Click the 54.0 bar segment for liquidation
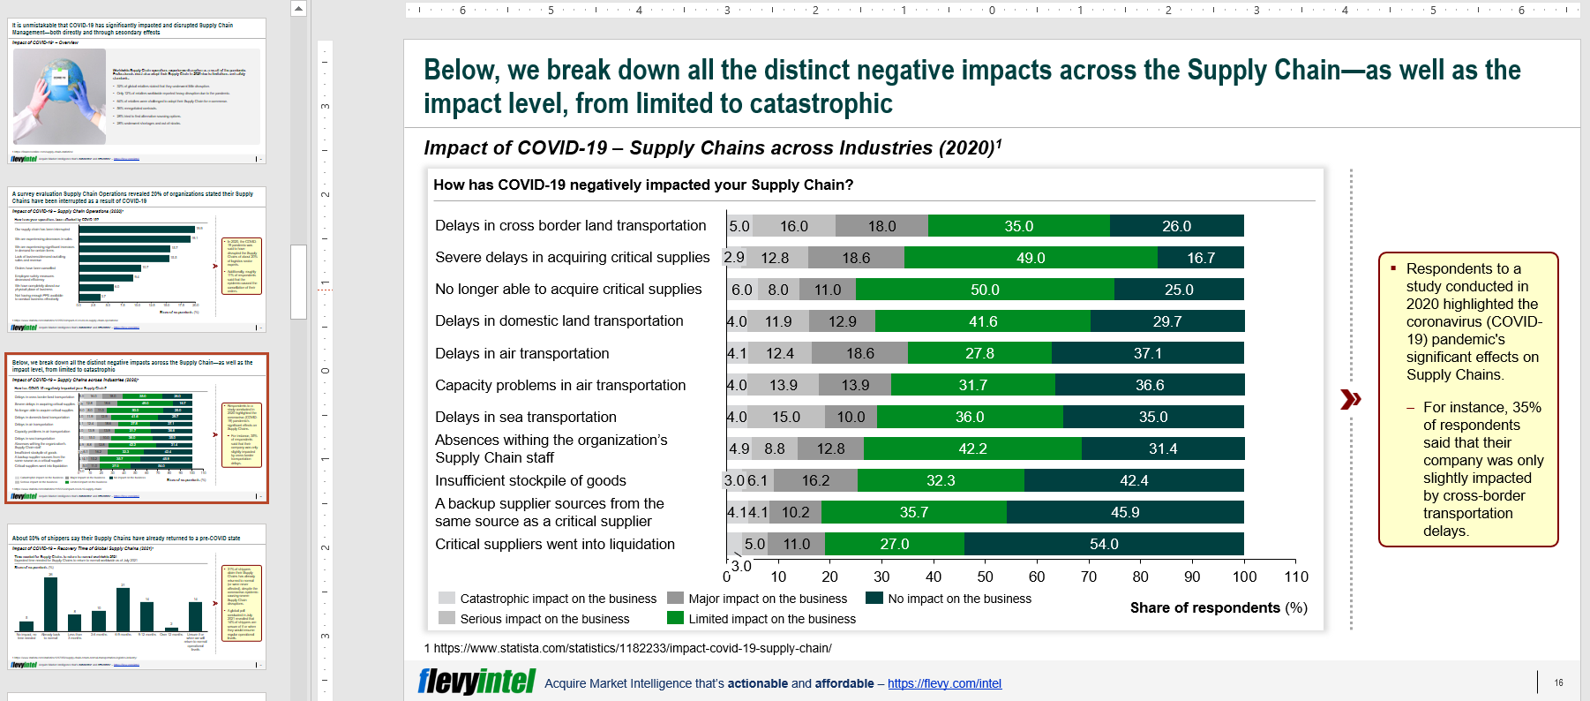pyautogui.click(x=1104, y=544)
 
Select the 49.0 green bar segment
pyautogui.click(x=1030, y=258)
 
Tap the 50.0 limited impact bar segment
pyautogui.click(x=985, y=290)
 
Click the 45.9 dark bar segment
pyautogui.click(x=1125, y=512)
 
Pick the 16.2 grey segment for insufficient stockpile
pyautogui.click(x=815, y=480)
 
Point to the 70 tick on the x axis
pyautogui.click(x=1089, y=577)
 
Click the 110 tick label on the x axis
pyautogui.click(x=1296, y=577)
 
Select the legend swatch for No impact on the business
pyautogui.click(x=874, y=598)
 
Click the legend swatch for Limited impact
pyautogui.click(x=675, y=618)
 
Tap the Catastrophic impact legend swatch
pyautogui.click(x=446, y=598)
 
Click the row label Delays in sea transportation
pyautogui.click(x=525, y=417)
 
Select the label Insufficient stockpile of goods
pyautogui.click(x=530, y=480)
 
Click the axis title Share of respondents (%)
pyautogui.click(x=1219, y=607)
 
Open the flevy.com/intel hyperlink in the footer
pyautogui.click(x=944, y=683)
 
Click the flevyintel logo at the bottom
pyautogui.click(x=476, y=682)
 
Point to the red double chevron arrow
pyautogui.click(x=1350, y=399)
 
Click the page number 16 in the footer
pyautogui.click(x=1558, y=682)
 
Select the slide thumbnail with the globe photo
pyautogui.click(x=137, y=90)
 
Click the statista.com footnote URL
pyautogui.click(x=632, y=648)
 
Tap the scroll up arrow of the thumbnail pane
pyautogui.click(x=298, y=9)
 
